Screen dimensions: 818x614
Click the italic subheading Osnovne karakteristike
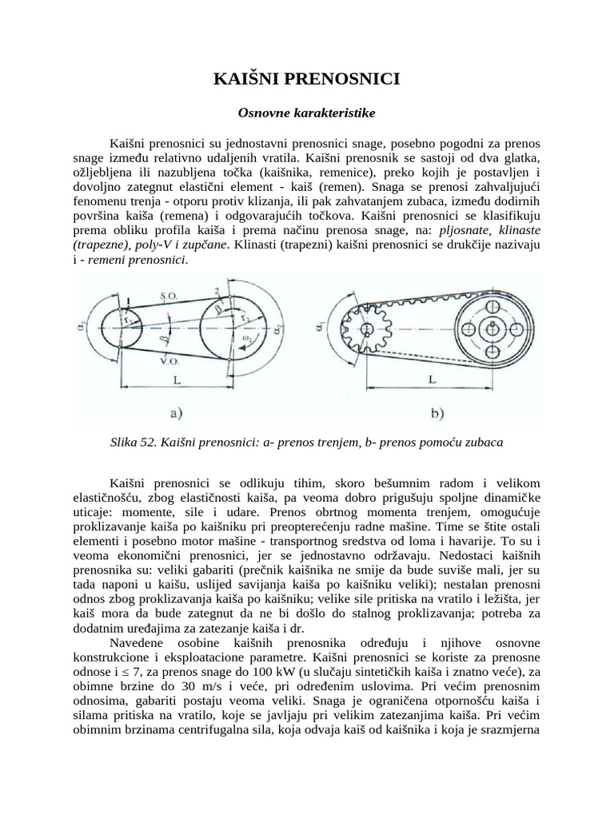(306, 114)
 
